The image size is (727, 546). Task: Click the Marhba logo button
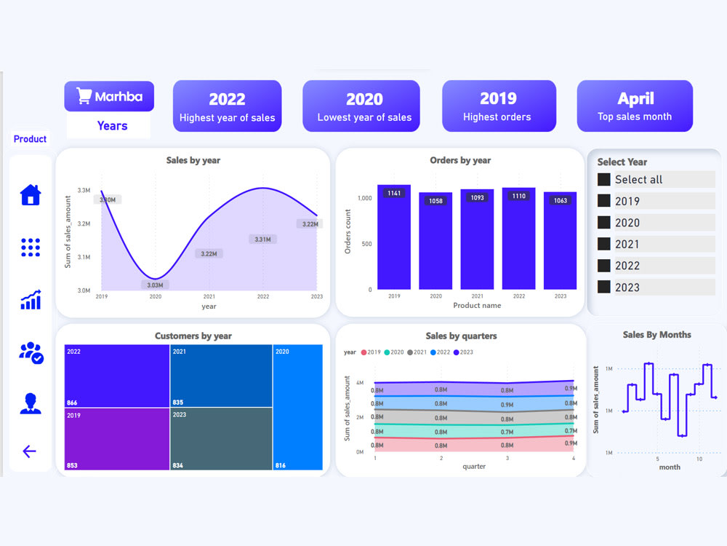(109, 96)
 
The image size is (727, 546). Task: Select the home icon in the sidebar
(31, 195)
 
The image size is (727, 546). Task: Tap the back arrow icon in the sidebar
(29, 451)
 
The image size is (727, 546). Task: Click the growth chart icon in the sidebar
(31, 299)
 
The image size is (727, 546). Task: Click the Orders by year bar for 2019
(394, 237)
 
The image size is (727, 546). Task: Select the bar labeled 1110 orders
(518, 238)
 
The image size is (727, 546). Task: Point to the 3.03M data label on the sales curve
(155, 285)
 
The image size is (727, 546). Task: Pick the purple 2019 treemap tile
(116, 438)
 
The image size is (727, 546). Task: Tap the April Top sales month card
(635, 106)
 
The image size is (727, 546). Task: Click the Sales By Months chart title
(656, 335)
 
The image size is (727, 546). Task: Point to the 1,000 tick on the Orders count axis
(365, 198)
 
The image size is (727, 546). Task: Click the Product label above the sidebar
(30, 139)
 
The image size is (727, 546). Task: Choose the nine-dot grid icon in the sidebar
(31, 248)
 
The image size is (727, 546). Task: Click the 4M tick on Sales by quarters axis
(359, 382)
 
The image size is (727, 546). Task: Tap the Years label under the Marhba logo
(112, 126)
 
